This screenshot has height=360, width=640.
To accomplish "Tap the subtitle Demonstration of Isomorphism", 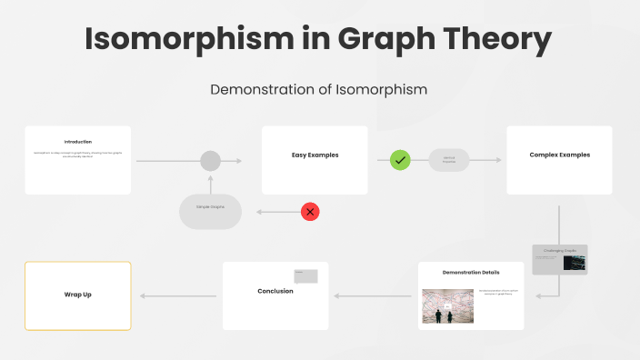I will pos(319,89).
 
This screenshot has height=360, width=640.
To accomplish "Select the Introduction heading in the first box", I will pos(78,142).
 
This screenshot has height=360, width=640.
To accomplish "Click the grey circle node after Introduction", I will pos(210,161).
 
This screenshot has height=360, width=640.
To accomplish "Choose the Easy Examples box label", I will pos(315,155).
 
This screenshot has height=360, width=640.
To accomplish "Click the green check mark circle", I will pos(400,160).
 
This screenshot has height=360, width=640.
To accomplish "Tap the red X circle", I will pos(311,212).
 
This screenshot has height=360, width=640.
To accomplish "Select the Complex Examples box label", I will pos(559,155).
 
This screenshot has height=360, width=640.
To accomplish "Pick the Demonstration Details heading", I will pos(471,273).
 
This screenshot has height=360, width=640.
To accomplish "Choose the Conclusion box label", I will pos(275,291).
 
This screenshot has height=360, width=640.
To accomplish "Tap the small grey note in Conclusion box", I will pos(305,276).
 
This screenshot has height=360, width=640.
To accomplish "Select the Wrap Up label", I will pos(78,295).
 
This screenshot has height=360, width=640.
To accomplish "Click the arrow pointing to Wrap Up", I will pos(177,295).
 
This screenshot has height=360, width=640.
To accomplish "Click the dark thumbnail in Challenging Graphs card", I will pos(574,263).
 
